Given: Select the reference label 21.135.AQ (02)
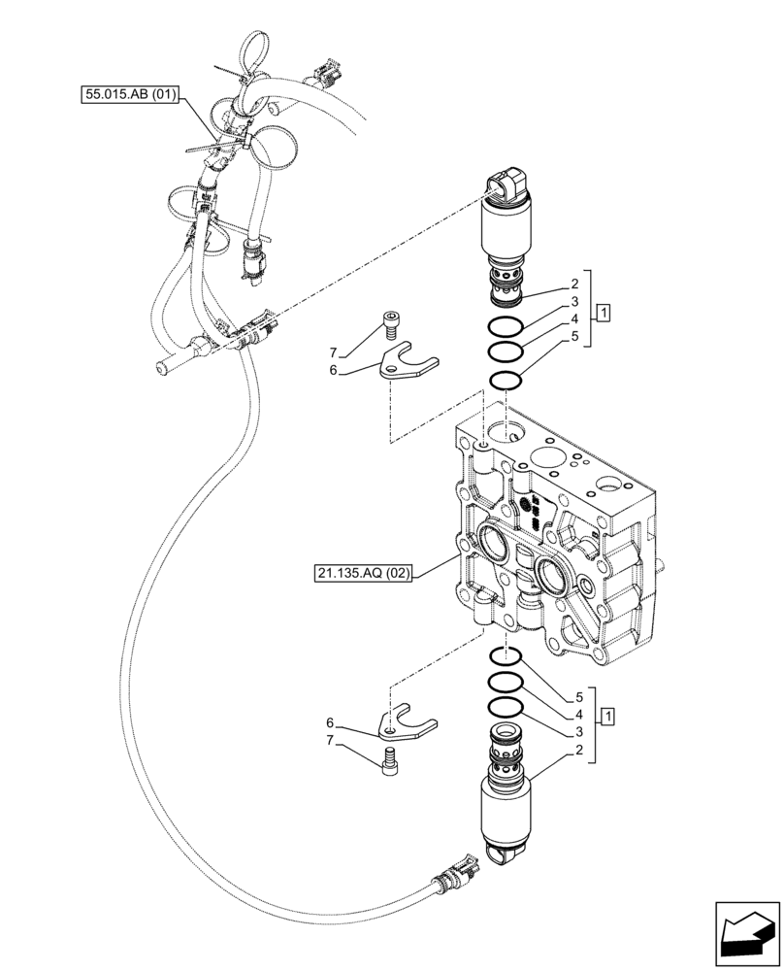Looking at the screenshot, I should pyautogui.click(x=362, y=574).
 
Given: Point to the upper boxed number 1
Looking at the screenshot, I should pyautogui.click(x=604, y=313).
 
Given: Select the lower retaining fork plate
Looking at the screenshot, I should pyautogui.click(x=407, y=724).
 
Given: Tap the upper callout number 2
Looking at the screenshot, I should pyautogui.click(x=574, y=285).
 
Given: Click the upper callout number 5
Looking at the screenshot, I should pyautogui.click(x=574, y=338).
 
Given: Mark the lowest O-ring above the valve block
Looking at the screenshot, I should pyautogui.click(x=508, y=380).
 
